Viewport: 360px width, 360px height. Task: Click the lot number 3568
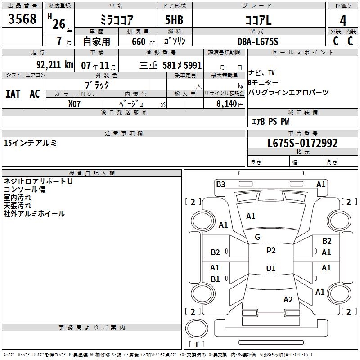22,19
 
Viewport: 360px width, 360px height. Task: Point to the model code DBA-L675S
258,41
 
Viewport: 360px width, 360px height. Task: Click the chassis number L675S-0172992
302,144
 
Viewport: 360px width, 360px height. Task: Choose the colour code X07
75,103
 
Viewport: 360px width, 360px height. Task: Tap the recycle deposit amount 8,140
227,104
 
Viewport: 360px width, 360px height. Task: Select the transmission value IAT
13,94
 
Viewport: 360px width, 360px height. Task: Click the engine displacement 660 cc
138,42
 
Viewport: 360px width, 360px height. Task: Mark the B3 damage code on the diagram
220,184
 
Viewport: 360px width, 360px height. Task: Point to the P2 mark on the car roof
271,251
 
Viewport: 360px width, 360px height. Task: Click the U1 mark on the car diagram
271,269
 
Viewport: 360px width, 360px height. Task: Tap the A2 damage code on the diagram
288,300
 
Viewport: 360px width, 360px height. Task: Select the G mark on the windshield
257,237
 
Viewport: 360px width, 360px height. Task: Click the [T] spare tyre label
197,344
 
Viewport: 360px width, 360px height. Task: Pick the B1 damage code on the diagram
215,279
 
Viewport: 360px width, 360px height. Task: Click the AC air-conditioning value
35,94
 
